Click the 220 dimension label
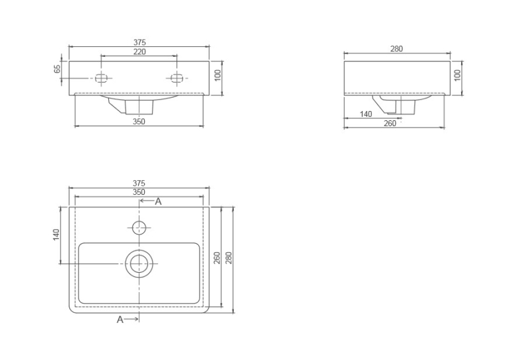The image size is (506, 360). pos(139,52)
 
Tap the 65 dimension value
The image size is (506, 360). pos(57,69)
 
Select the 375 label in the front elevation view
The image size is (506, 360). pos(139,42)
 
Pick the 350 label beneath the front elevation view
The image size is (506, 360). pos(139,122)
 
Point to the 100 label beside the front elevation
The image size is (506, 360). pos(218,75)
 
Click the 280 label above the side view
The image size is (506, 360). pos(396,49)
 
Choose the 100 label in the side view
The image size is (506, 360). pos(457,75)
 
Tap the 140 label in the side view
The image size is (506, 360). pos(365,114)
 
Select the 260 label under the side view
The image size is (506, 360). pos(390,124)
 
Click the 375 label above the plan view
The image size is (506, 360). pos(139,183)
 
